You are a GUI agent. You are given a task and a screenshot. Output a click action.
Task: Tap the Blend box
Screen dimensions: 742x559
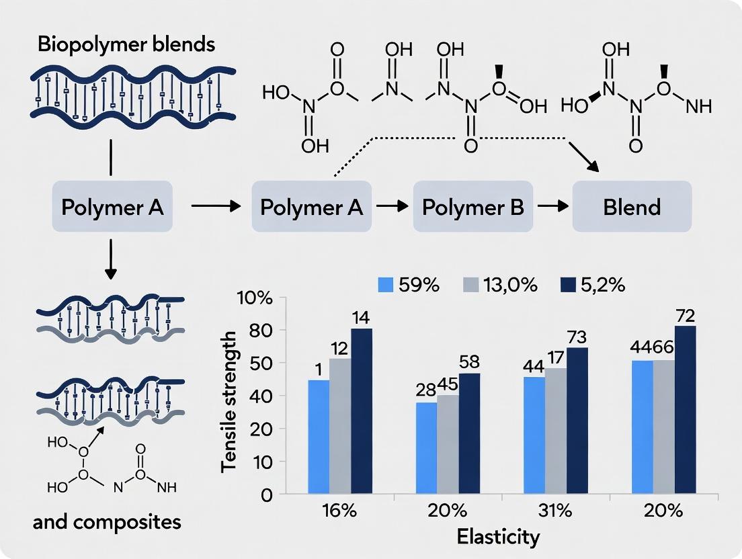[632, 207]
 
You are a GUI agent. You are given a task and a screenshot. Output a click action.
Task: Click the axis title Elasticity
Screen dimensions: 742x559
[498, 537]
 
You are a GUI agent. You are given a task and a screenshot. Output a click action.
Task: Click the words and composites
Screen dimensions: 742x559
[108, 522]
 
